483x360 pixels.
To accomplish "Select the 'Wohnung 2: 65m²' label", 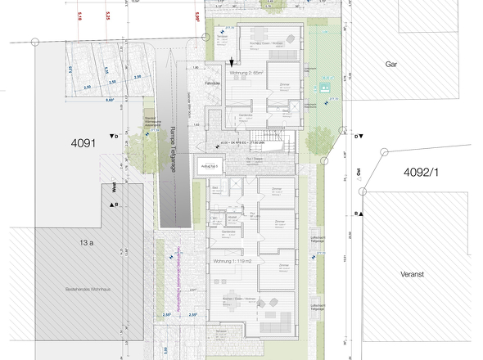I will [253, 73].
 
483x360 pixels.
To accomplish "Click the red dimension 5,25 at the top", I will [109, 15].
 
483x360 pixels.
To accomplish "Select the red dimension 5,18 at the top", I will [79, 15].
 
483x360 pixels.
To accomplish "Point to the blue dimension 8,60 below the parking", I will [110, 99].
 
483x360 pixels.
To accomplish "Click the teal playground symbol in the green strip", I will [326, 86].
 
